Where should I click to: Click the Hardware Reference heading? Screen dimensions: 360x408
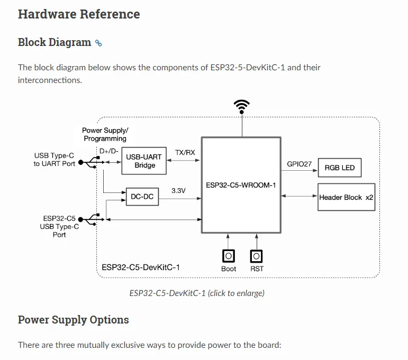click(79, 14)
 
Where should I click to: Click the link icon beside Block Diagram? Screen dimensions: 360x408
click(98, 43)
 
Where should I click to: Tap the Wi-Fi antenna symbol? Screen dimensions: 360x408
click(242, 106)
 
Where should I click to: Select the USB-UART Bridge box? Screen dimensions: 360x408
click(144, 161)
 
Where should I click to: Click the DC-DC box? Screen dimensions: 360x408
click(142, 197)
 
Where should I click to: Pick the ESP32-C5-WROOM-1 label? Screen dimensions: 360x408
click(241, 184)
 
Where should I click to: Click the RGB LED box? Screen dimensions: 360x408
click(339, 168)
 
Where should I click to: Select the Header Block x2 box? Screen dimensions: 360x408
click(346, 197)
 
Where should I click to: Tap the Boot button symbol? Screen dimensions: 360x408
click(229, 256)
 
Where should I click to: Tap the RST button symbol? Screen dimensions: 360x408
click(257, 256)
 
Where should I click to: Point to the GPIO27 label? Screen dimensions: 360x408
click(299, 164)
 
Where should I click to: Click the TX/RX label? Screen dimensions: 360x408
click(185, 152)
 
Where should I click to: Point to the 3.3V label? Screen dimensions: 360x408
click(178, 190)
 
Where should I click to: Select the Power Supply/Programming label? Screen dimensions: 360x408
click(105, 134)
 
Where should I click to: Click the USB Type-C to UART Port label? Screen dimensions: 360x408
click(54, 160)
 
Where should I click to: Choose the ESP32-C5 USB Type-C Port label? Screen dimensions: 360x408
click(59, 226)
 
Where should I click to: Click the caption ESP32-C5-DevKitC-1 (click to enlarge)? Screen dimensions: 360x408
click(197, 293)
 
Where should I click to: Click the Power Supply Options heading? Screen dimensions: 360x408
click(74, 320)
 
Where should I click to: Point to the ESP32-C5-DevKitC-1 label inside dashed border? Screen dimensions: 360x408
click(141, 267)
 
